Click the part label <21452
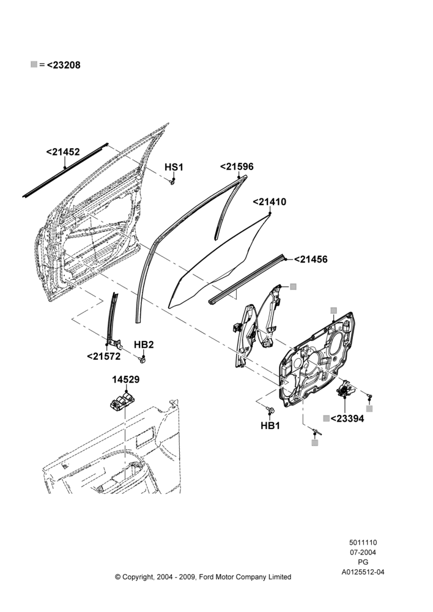tap(63, 152)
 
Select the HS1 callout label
tap(174, 167)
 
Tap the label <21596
tap(237, 166)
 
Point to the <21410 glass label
tap(269, 202)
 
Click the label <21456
tap(311, 259)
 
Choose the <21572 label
tap(104, 356)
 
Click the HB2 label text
tap(144, 345)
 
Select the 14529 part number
tap(126, 379)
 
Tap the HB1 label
tap(270, 425)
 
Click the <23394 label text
tap(347, 419)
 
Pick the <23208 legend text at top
tap(64, 65)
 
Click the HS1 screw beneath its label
tap(172, 182)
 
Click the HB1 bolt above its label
tap(270, 409)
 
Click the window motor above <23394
tap(345, 389)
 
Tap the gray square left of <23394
tap(326, 419)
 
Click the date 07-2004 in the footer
tap(363, 552)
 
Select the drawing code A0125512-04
tap(363, 572)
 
